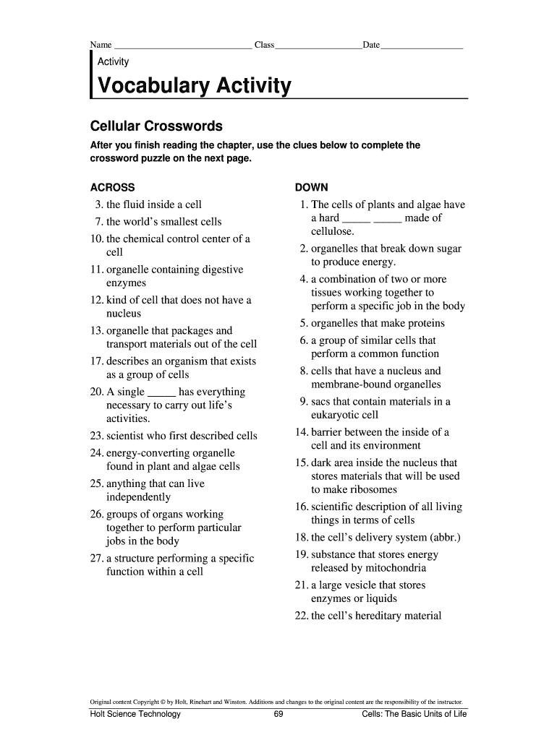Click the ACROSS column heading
pos(112,187)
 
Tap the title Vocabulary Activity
pos(195,87)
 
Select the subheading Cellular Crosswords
pos(156,126)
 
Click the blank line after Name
pos(182,46)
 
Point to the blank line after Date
pos(422,46)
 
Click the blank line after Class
pos(318,46)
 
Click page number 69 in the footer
pos(278,715)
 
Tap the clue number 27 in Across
pos(97,559)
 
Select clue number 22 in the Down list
pos(302,616)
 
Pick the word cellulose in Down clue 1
pos(333,231)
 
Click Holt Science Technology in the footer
pos(135,715)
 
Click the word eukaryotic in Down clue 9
pos(336,415)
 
